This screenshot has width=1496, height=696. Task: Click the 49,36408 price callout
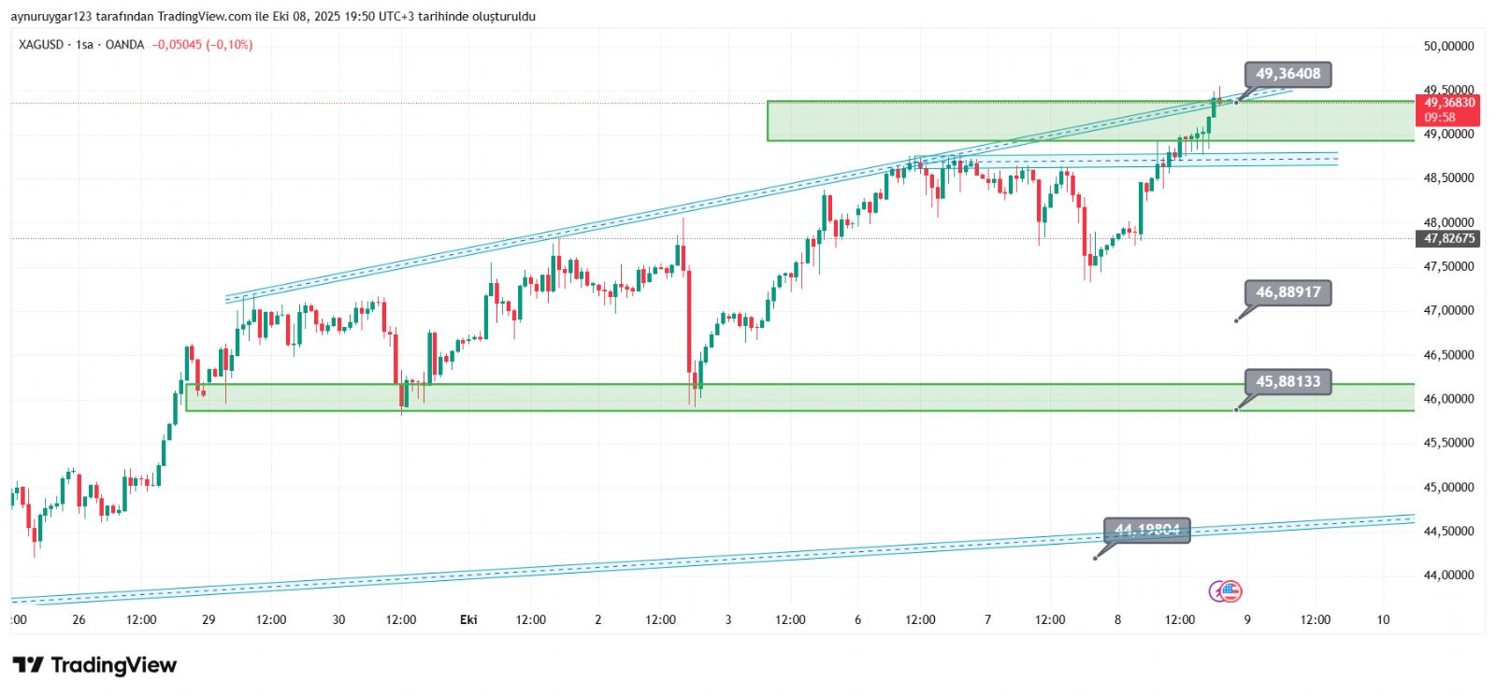coord(1287,74)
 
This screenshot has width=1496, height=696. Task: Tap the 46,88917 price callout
coord(1287,292)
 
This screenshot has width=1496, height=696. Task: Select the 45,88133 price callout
coord(1287,381)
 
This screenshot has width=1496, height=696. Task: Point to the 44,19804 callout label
coord(1146,530)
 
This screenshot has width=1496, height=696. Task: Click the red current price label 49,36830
coord(1449,103)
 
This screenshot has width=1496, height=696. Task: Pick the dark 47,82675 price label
coord(1449,238)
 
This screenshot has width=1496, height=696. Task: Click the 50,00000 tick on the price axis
coord(1448,46)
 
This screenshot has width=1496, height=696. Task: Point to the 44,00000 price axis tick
coord(1448,575)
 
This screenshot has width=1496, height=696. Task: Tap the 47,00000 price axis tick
coord(1448,310)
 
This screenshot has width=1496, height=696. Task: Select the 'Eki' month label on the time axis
coord(468,619)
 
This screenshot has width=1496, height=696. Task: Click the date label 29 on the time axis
coord(209,619)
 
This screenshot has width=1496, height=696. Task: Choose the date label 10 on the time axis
coord(1383,619)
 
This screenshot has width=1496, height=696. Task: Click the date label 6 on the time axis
coord(857,619)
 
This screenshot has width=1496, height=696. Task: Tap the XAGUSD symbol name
coord(41,45)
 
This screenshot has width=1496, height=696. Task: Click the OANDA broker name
coord(124,45)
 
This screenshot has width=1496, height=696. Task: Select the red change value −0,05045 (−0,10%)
coord(202,45)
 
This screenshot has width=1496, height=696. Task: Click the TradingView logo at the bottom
coord(94,665)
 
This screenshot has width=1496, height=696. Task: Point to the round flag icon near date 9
coord(1230,590)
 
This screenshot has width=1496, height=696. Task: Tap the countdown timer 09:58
coord(1440,118)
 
